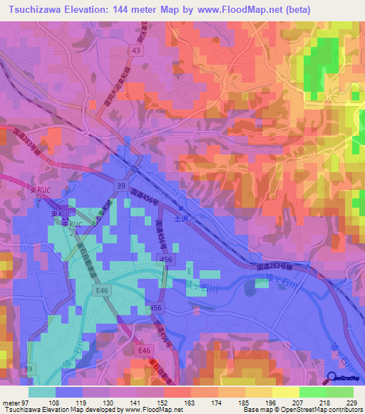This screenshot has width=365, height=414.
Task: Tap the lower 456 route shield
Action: [x=156, y=307]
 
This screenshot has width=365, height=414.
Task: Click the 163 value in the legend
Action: [x=190, y=402]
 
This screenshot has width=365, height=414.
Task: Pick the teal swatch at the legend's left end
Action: [x=42, y=392]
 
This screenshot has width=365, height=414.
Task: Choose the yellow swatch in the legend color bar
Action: [x=286, y=392]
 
